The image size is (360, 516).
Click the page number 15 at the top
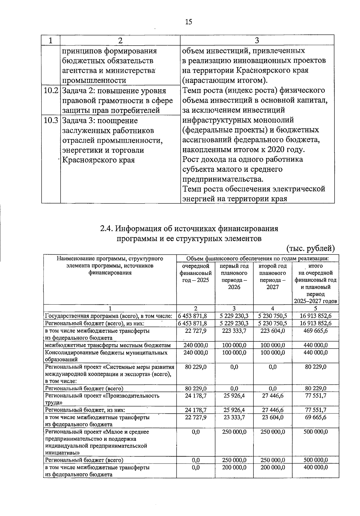188,22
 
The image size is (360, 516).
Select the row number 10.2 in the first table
51,91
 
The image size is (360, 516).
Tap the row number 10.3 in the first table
51,121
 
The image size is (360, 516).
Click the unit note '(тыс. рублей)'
310,249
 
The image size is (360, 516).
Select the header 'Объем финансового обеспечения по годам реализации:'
257,258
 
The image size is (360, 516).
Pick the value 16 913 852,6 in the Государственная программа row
316,316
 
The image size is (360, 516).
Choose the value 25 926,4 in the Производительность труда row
234,395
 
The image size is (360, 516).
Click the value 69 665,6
316,417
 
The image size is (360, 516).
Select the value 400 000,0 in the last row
316,467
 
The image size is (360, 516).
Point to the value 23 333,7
234,417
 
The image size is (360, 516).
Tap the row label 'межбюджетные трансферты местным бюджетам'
108,345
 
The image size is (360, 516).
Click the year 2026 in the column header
234,287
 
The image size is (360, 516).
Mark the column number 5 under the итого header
316,309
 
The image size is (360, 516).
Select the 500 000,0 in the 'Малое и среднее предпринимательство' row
316,432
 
